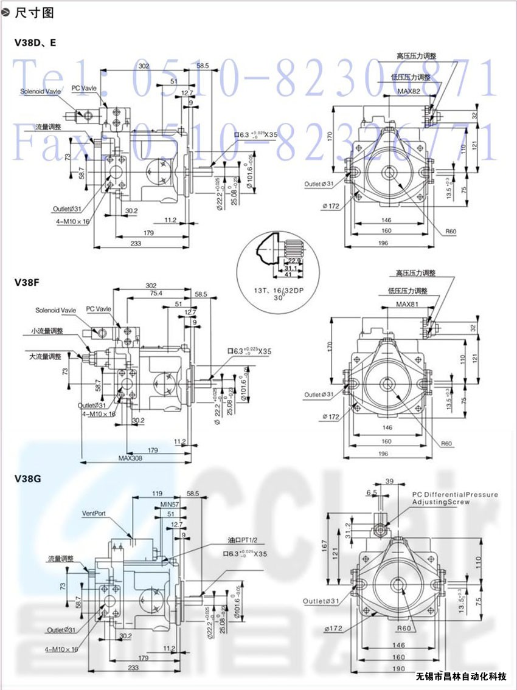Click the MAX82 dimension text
click(x=409, y=92)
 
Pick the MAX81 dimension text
click(x=409, y=304)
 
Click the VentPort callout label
click(x=94, y=513)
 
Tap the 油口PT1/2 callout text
click(x=244, y=540)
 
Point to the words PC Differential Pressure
click(x=455, y=495)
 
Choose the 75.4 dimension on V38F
click(x=156, y=293)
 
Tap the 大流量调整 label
click(x=45, y=356)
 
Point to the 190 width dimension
click(x=398, y=668)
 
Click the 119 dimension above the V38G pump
click(x=157, y=493)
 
